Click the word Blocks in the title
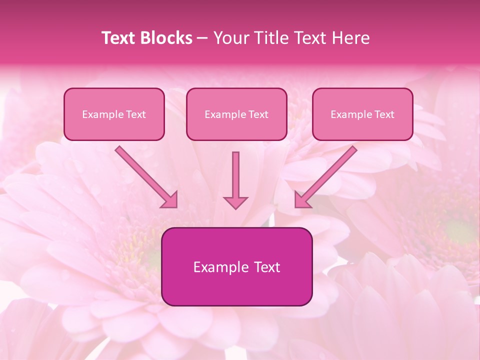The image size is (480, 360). pyautogui.click(x=165, y=38)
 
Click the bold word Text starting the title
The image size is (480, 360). pyautogui.click(x=119, y=38)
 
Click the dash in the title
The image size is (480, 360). pyautogui.click(x=202, y=38)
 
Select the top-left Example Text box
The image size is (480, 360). pyautogui.click(x=114, y=114)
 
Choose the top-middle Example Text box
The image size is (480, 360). pyautogui.click(x=236, y=114)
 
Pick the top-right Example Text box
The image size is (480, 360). pyautogui.click(x=362, y=114)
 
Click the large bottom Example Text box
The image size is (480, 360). pyautogui.click(x=236, y=266)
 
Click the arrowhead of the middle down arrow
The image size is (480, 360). pyautogui.click(x=235, y=202)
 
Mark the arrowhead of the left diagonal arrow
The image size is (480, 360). pyautogui.click(x=170, y=200)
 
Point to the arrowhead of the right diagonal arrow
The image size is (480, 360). pyautogui.click(x=301, y=200)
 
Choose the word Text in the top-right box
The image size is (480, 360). pyautogui.click(x=384, y=114)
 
